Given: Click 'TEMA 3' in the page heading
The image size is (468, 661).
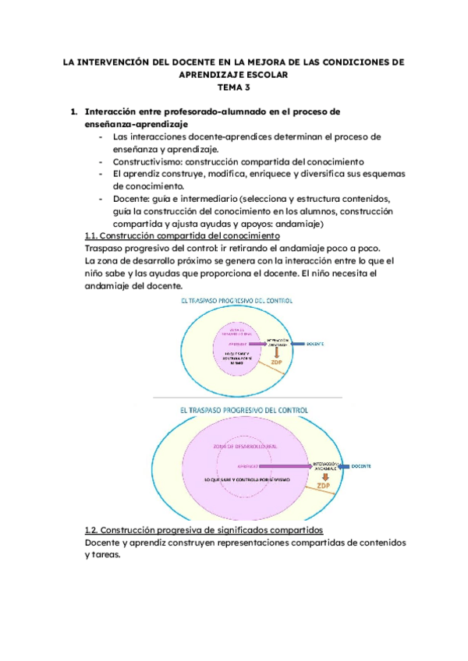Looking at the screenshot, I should pos(233,87).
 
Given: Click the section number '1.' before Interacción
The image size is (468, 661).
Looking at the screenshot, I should pos(74,111).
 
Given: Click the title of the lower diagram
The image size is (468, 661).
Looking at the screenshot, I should pos(243,408).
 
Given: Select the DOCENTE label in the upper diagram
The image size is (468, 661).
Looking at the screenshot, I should pos(315,344).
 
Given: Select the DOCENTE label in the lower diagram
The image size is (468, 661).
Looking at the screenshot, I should pos(360,466).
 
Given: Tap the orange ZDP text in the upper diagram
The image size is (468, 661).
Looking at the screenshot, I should pos(277,362).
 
